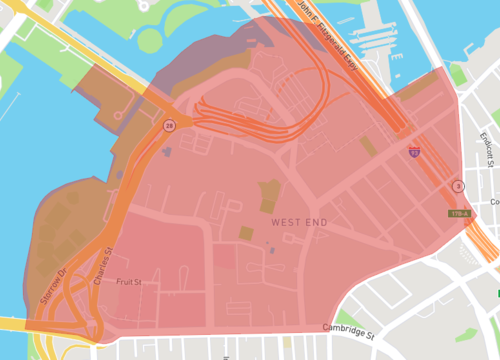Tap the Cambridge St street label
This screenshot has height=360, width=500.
[x=349, y=329]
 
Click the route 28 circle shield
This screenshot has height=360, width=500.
[x=170, y=125]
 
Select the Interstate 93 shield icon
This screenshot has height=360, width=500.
[x=414, y=152]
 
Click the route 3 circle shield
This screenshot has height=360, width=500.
[x=458, y=186]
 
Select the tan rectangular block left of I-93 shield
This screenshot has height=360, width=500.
[x=368, y=146]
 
